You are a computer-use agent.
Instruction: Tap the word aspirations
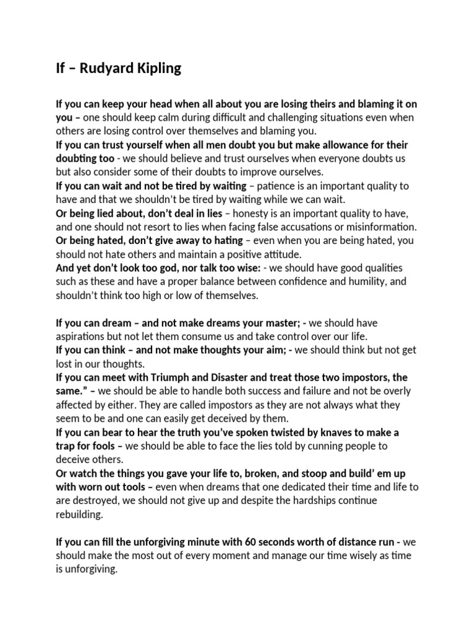tap(82, 336)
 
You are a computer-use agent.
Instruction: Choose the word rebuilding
tap(81, 513)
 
